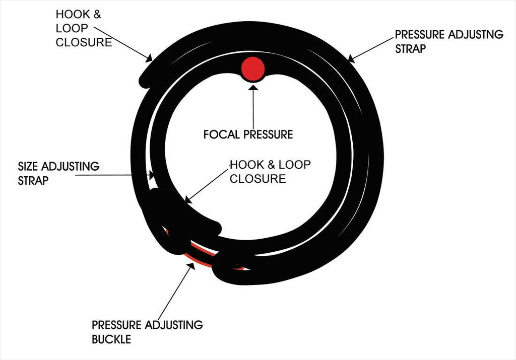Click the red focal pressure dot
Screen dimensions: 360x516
click(252, 69)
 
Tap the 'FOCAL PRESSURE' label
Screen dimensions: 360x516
click(248, 134)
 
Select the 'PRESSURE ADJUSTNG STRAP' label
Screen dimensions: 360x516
click(449, 41)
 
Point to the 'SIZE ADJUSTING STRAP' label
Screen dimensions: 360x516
click(58, 173)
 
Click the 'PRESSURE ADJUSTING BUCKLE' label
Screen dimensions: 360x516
click(147, 332)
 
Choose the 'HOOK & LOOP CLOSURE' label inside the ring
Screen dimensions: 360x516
click(270, 171)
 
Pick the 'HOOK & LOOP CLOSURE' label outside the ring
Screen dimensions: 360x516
click(84, 28)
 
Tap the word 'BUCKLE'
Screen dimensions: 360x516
click(111, 339)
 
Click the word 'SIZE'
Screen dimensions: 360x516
click(29, 166)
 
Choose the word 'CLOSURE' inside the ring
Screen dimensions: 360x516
click(257, 178)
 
